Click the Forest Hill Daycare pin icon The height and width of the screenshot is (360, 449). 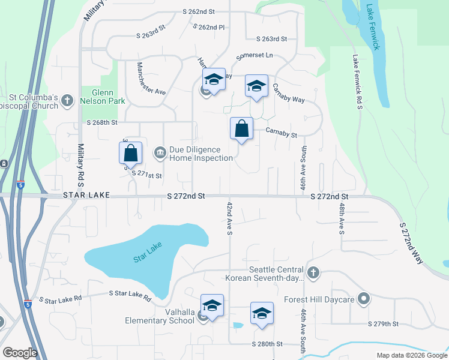pyautogui.click(x=363, y=298)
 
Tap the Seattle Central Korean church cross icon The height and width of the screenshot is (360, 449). pyautogui.click(x=313, y=274)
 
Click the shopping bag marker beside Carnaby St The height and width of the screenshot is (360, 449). pyautogui.click(x=241, y=128)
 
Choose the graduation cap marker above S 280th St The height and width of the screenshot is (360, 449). pyautogui.click(x=262, y=313)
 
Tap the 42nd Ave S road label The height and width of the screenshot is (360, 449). pyautogui.click(x=229, y=218)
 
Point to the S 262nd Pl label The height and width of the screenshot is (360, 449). pyautogui.click(x=209, y=27)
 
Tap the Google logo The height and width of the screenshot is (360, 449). pyautogui.click(x=20, y=353)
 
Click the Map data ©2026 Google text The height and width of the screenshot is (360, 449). pyautogui.click(x=411, y=355)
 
